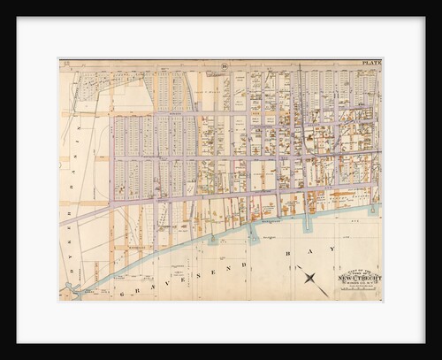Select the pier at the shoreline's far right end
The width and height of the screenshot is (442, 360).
(376, 210)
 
